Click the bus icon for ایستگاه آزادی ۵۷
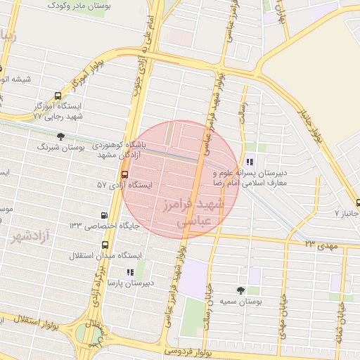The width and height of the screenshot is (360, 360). tap(125, 174)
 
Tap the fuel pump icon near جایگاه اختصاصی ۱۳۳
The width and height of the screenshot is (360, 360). tap(105, 216)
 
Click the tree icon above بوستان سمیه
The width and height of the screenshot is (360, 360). tap(240, 290)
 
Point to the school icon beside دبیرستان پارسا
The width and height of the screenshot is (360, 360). tap(129, 271)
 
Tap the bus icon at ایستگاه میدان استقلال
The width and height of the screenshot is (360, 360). tap(105, 245)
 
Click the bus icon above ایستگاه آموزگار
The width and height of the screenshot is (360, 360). tap(58, 96)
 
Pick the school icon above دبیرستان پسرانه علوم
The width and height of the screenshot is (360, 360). tap(251, 162)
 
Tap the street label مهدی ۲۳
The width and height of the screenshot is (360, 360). tap(321, 244)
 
